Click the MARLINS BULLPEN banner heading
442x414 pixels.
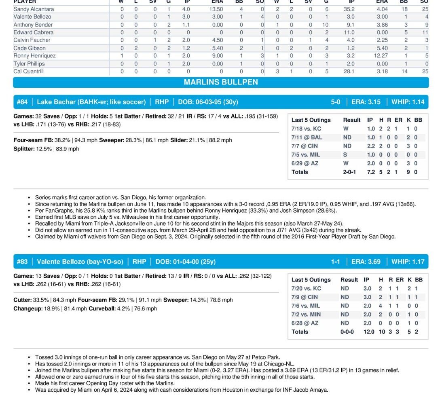point(221,82)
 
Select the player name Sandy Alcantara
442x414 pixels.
point(34,9)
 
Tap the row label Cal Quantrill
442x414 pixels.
point(28,71)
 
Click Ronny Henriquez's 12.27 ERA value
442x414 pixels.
point(381,56)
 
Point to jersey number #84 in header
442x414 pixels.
point(22,102)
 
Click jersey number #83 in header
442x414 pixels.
point(22,262)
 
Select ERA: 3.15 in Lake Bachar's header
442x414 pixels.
point(366,102)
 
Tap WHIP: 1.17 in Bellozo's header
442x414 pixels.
point(408,262)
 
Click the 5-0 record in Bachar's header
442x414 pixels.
point(336,102)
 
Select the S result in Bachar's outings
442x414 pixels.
point(345,154)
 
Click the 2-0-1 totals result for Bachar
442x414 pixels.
point(349,172)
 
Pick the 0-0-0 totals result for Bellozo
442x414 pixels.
point(347,332)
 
